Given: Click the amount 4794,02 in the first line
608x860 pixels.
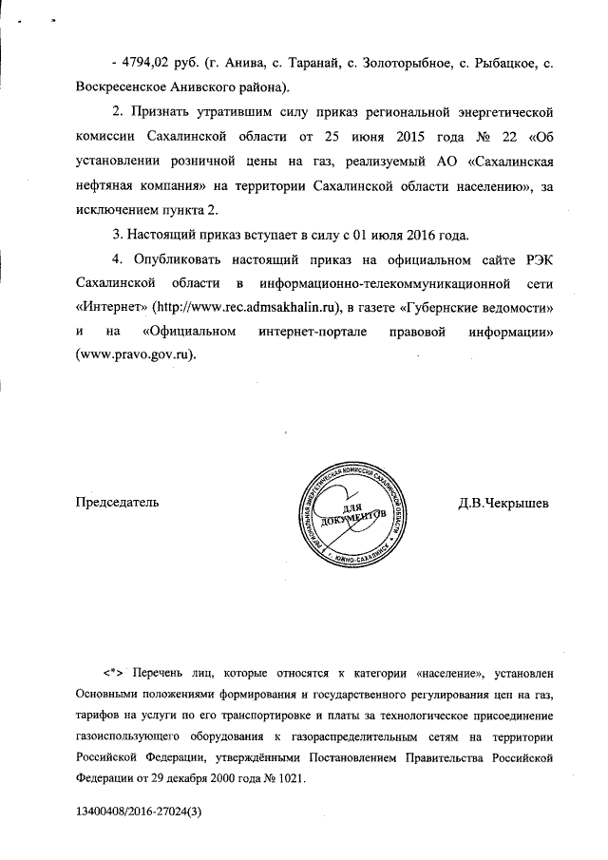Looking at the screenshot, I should click(x=145, y=63).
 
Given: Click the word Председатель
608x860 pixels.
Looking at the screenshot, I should click(x=118, y=502).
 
